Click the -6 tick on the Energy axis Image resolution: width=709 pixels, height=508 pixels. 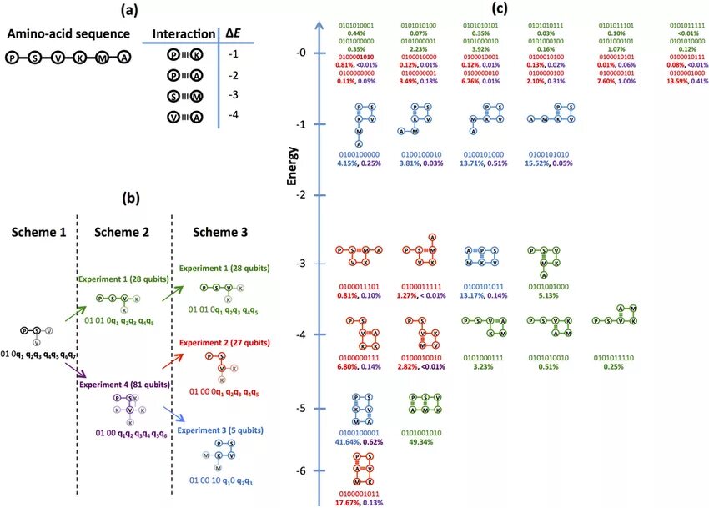(301, 471)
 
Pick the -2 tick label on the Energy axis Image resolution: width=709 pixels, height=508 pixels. (301, 194)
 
